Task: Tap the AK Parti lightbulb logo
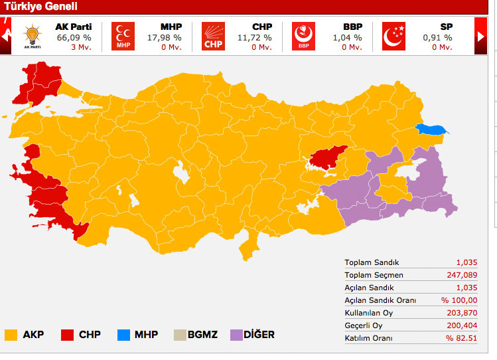(32, 36)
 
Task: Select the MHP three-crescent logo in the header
(123, 36)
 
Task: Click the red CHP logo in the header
(213, 36)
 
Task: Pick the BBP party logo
(303, 36)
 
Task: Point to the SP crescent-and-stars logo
(393, 36)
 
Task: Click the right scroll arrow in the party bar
(481, 37)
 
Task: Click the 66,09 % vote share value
(74, 38)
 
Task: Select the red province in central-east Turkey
(328, 157)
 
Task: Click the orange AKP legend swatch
(11, 335)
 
